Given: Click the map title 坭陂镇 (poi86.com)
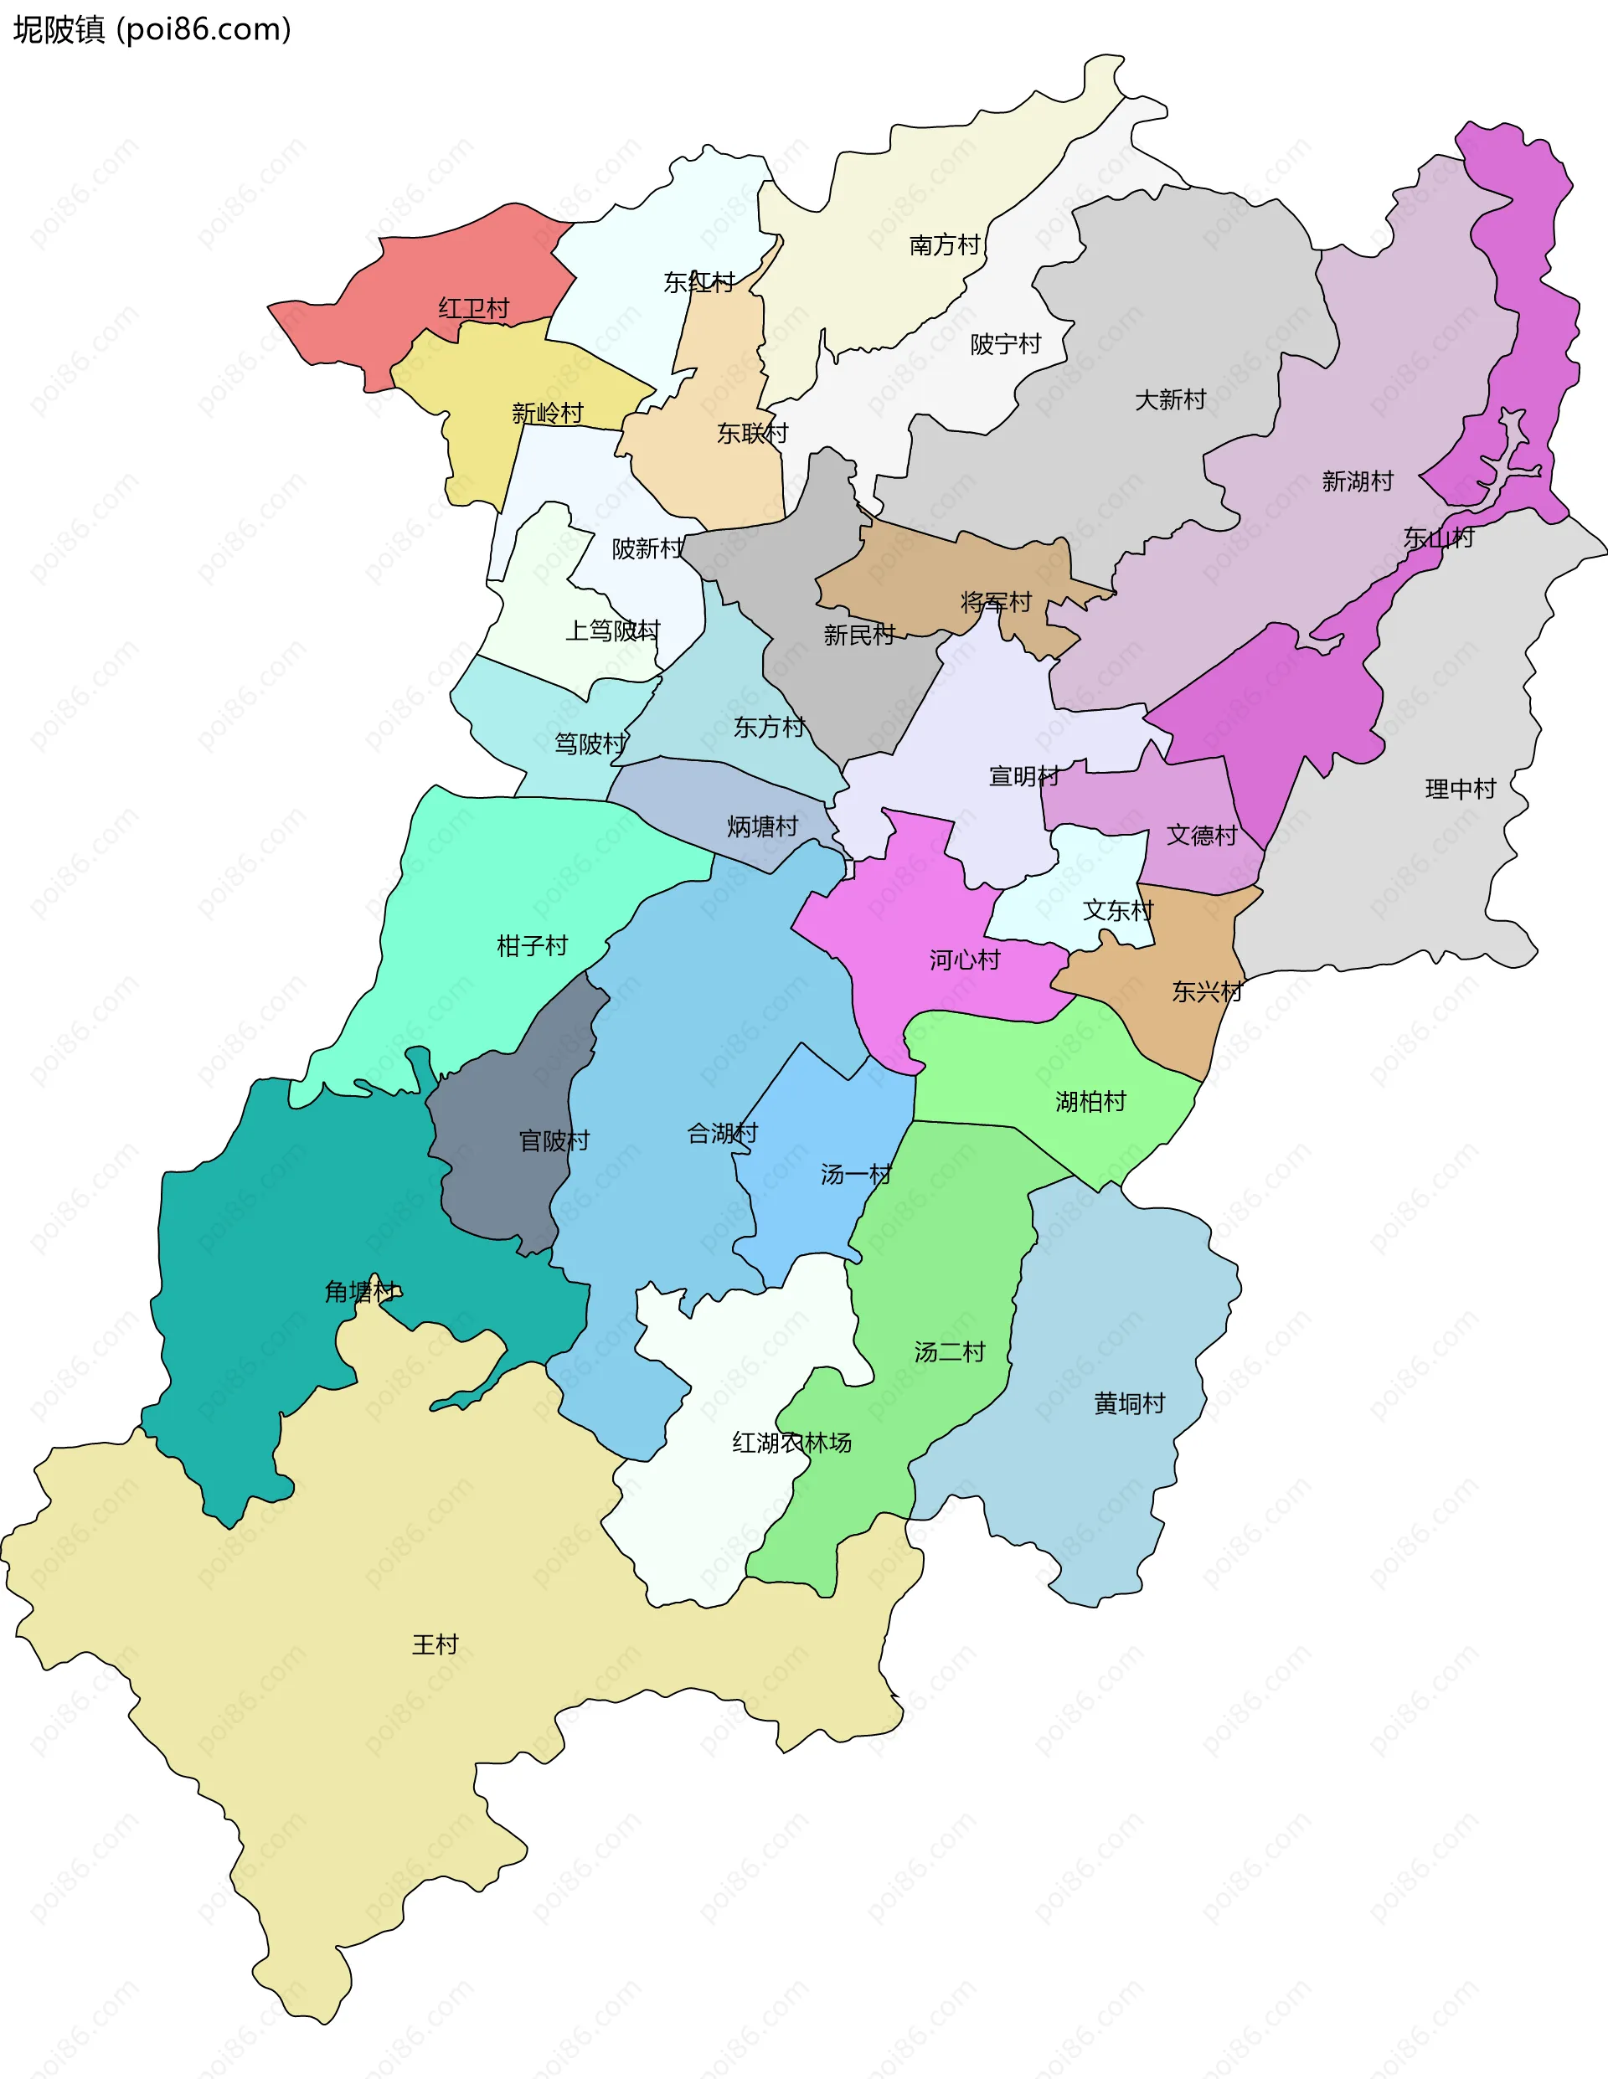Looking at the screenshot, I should pyautogui.click(x=152, y=29).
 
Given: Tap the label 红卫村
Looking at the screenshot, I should pyautogui.click(x=473, y=308).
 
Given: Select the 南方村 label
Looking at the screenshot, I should pyautogui.click(x=945, y=245).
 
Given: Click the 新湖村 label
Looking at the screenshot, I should pyautogui.click(x=1357, y=481).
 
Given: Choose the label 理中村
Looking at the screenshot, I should pyautogui.click(x=1461, y=789).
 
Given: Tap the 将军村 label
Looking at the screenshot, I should pyautogui.click(x=996, y=603).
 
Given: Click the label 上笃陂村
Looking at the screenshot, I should pyautogui.click(x=612, y=631).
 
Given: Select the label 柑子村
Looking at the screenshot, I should pyautogui.click(x=532, y=946).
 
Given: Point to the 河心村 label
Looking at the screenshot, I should pyautogui.click(x=965, y=960).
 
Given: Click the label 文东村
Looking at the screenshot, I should pyautogui.click(x=1118, y=911).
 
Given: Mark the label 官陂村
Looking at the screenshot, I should pyautogui.click(x=554, y=1140).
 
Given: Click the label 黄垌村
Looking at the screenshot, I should pyautogui.click(x=1129, y=1404).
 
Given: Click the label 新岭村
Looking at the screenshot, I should pyautogui.click(x=548, y=413).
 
